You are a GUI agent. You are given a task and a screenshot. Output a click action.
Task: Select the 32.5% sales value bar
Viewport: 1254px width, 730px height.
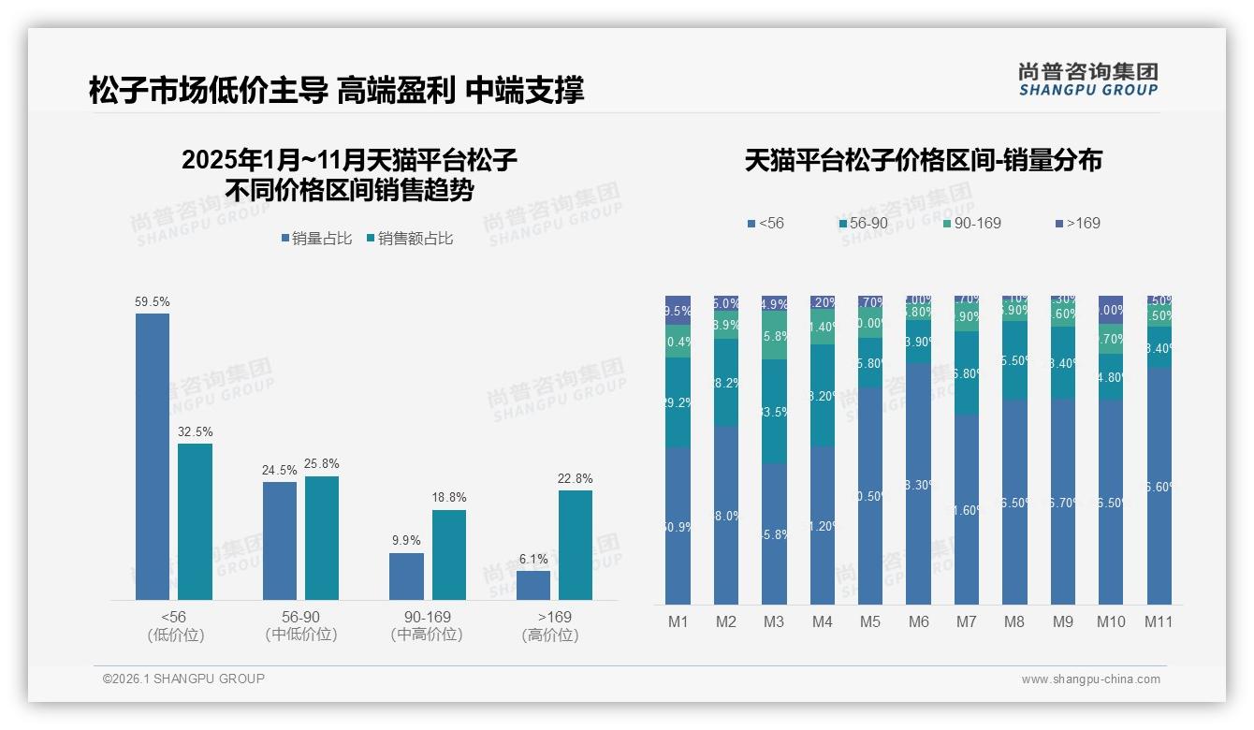click(x=195, y=521)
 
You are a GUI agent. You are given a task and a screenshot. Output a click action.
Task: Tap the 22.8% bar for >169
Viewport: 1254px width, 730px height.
click(x=576, y=545)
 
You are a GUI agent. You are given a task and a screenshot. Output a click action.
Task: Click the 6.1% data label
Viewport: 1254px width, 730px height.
click(x=532, y=559)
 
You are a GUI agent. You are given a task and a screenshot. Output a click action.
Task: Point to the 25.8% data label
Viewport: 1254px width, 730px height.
click(x=322, y=463)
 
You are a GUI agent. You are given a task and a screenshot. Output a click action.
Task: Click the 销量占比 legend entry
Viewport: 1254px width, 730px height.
click(x=316, y=239)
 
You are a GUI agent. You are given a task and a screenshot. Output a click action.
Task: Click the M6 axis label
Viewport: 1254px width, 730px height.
click(x=918, y=621)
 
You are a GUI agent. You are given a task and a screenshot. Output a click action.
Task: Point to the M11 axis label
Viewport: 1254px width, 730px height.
click(x=1159, y=621)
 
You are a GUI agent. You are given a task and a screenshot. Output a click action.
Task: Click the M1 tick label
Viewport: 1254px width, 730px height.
click(x=678, y=621)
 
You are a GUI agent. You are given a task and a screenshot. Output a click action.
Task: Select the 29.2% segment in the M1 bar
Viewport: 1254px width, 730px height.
click(x=678, y=402)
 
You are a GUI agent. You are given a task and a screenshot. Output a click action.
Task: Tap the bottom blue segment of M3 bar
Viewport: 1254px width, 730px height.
click(x=774, y=533)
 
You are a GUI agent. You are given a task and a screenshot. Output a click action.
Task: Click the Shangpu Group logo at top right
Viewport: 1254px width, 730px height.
click(x=1087, y=79)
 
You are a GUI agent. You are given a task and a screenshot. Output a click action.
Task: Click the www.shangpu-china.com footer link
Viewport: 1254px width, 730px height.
click(x=1090, y=679)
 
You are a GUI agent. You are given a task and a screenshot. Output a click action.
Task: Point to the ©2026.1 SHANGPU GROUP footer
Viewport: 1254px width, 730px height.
click(x=183, y=679)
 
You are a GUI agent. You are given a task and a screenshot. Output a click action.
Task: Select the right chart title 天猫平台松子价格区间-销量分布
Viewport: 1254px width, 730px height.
click(x=923, y=160)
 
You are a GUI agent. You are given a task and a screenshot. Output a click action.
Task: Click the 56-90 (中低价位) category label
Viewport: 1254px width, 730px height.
click(x=301, y=626)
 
